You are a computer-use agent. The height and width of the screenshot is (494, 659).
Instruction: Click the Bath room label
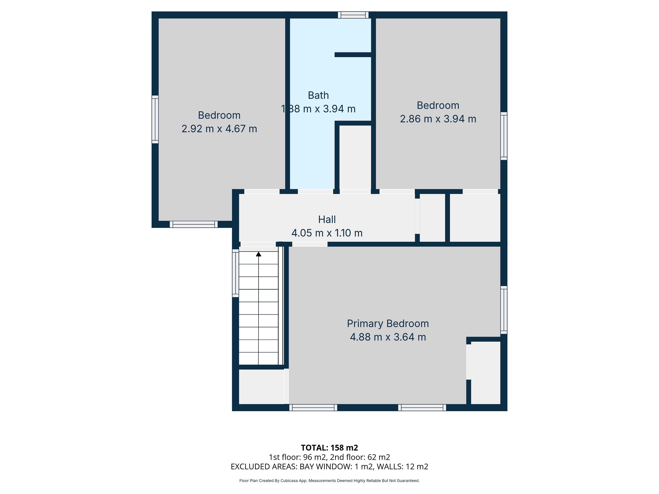(x=318, y=95)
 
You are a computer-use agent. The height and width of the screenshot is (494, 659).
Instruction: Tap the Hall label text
(x=327, y=219)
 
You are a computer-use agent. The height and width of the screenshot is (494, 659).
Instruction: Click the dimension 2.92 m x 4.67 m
(x=219, y=129)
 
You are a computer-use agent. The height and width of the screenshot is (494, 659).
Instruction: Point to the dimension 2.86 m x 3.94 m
(x=438, y=119)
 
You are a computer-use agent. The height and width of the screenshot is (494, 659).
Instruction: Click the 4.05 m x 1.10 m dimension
(x=327, y=233)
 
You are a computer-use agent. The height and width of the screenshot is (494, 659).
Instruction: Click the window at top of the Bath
(x=353, y=15)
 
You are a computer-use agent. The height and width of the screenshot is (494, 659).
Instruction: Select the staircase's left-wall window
(x=235, y=273)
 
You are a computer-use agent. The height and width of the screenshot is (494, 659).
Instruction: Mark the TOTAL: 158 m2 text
(x=329, y=448)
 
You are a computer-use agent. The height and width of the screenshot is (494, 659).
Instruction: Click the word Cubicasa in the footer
(x=289, y=481)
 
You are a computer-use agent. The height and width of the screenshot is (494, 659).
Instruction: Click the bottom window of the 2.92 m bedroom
(x=194, y=224)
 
